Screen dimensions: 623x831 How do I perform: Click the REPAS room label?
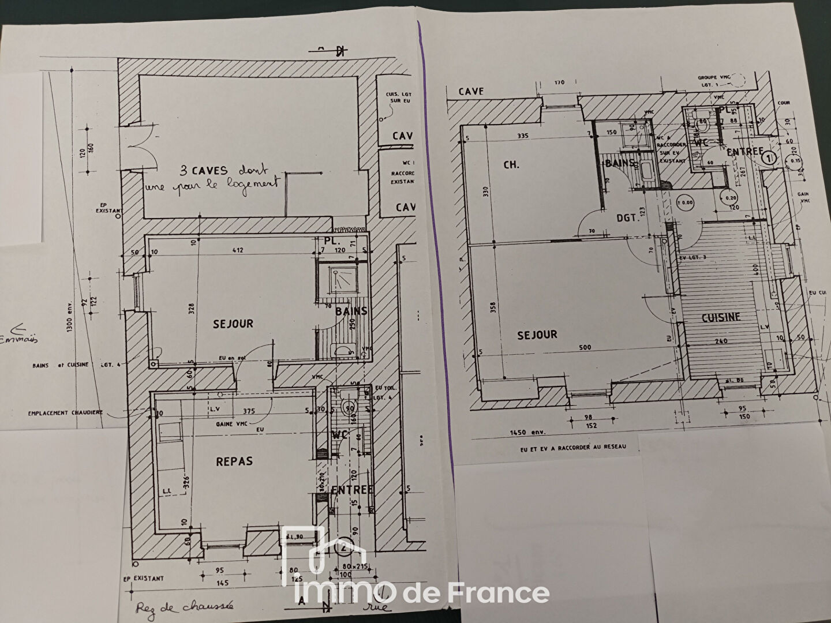234,461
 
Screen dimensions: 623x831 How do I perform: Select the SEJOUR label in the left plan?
233,324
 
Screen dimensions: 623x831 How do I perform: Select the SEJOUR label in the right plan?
537,335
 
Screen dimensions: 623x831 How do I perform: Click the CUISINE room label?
721,317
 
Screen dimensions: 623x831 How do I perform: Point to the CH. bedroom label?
511,164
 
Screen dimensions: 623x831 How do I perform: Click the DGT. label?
629,218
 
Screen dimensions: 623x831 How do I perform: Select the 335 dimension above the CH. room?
524,137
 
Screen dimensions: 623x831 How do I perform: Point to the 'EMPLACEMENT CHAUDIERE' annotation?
66,413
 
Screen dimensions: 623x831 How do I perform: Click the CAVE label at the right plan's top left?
471,91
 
